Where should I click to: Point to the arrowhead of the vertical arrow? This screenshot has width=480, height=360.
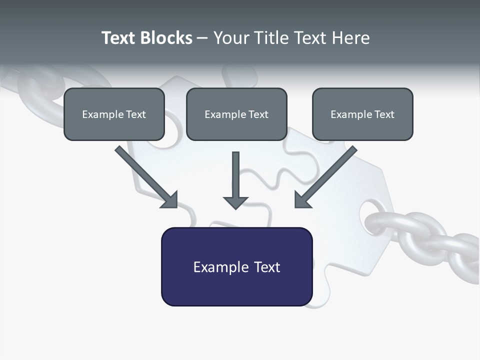(235, 202)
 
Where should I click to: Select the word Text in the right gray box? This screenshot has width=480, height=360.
(384, 114)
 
